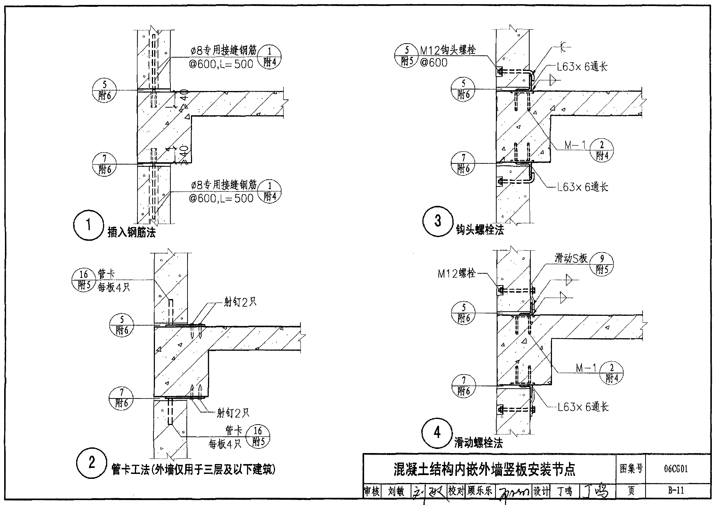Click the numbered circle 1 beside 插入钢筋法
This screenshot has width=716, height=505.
click(x=88, y=225)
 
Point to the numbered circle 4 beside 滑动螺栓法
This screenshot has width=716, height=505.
click(x=437, y=432)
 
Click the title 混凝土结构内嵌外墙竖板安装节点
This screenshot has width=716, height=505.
click(x=485, y=469)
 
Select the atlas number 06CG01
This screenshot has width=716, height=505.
click(x=676, y=469)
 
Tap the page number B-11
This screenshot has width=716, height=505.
click(x=676, y=491)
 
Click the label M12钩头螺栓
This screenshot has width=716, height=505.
click(x=447, y=50)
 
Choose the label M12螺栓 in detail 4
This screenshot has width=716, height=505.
click(x=456, y=273)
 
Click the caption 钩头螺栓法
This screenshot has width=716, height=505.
click(x=480, y=230)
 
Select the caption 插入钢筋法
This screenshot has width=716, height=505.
click(x=131, y=232)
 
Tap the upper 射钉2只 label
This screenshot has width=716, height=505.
click(x=240, y=303)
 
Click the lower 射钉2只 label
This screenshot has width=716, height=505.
click(x=233, y=413)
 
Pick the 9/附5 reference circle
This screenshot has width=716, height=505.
click(x=602, y=264)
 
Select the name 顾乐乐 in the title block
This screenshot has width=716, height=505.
click(x=480, y=491)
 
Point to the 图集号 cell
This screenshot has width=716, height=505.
click(x=631, y=469)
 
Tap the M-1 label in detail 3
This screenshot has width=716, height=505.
click(x=575, y=145)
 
